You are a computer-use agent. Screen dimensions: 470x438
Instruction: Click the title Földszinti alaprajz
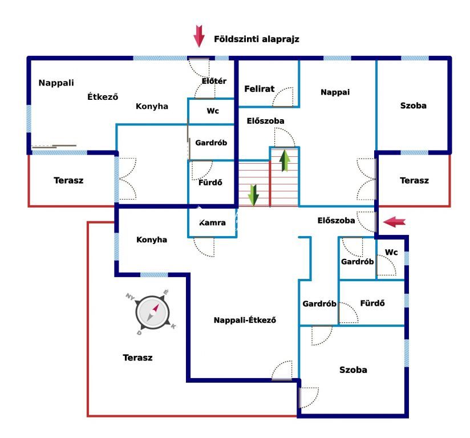(x=256, y=39)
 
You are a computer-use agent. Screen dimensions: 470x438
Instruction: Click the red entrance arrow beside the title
(x=198, y=36)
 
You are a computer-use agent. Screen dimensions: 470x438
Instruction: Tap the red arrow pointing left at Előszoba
(x=395, y=222)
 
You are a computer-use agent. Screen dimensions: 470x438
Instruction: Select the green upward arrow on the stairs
(x=285, y=161)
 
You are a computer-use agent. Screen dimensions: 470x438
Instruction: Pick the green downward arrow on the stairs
(x=253, y=195)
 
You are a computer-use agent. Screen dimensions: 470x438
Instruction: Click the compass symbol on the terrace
(x=152, y=313)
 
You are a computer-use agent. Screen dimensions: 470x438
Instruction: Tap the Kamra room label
(x=213, y=223)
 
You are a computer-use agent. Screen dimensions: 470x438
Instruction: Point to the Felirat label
(x=260, y=89)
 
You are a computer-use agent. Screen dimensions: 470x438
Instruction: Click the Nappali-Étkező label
(x=245, y=320)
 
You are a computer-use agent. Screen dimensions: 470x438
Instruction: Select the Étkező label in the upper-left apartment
(x=103, y=96)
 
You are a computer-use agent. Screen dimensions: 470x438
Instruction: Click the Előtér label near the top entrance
(x=214, y=81)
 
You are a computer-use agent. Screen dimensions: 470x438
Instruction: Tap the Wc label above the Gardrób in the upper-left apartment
(x=213, y=111)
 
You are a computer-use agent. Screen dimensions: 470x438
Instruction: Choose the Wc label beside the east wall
(x=391, y=252)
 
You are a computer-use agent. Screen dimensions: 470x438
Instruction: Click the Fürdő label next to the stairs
(x=210, y=182)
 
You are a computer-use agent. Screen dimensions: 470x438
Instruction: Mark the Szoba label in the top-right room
(x=414, y=106)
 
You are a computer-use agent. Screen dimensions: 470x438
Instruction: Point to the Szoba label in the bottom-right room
(x=353, y=370)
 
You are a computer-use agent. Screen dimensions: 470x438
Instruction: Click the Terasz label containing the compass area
(x=137, y=358)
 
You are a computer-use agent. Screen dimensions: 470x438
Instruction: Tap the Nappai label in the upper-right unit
(x=335, y=92)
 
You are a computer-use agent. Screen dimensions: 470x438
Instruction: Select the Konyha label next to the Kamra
(x=152, y=240)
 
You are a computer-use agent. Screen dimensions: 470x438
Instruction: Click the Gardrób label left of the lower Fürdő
(x=319, y=304)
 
